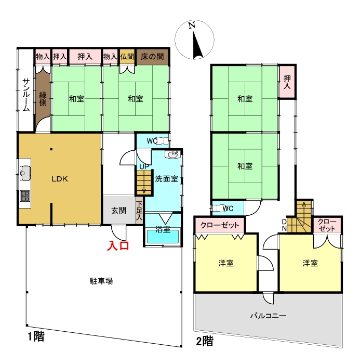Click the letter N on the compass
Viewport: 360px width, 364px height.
(192, 25)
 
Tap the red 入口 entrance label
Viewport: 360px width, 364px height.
(118, 246)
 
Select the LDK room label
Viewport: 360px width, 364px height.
(60, 179)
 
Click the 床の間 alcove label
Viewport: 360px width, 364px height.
(152, 57)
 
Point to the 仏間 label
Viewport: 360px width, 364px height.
(127, 57)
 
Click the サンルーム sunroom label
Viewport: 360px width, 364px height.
(26, 95)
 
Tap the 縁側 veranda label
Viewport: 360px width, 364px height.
(43, 99)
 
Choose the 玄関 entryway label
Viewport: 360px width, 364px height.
(119, 211)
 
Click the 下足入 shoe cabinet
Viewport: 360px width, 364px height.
(139, 211)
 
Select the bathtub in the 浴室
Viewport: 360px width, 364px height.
(163, 236)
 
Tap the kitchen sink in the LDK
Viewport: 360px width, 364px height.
(25, 173)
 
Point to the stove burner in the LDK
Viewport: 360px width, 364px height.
(25, 196)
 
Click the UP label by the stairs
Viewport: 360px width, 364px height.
(144, 167)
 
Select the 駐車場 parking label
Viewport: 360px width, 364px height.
(101, 281)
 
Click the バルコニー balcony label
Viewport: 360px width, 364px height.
(268, 316)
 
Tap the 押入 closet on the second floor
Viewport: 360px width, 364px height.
(287, 82)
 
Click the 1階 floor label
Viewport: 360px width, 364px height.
(36, 336)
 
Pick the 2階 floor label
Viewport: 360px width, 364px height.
(204, 341)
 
